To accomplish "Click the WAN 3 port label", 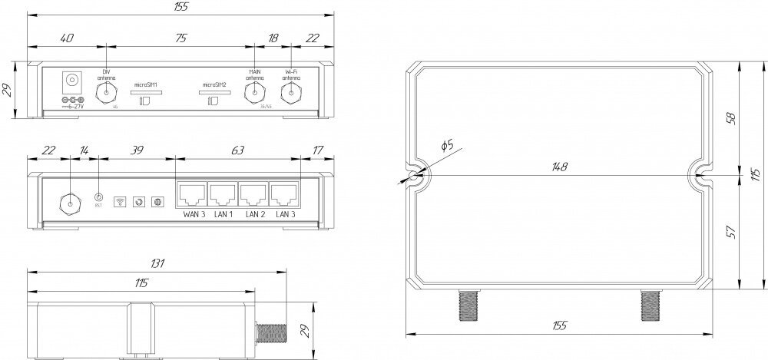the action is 192,213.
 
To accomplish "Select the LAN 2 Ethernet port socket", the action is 254,193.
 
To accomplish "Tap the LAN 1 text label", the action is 223,213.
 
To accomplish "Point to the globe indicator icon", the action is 158,202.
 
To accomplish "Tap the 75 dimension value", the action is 180,38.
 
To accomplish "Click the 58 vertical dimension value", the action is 731,118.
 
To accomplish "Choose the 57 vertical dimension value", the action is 731,230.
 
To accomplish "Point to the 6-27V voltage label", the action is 74,107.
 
